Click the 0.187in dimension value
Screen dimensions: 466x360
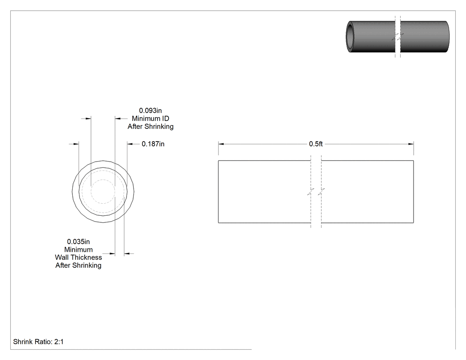pos(153,144)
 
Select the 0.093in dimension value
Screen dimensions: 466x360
pos(150,111)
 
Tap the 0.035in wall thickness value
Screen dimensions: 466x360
pos(79,241)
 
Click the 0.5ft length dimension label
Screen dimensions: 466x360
pos(316,144)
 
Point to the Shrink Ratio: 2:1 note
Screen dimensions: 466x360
pos(38,341)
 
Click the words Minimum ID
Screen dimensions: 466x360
pos(150,119)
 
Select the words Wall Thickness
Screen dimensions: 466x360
pos(79,257)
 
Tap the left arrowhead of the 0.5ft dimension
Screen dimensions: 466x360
pos(221,144)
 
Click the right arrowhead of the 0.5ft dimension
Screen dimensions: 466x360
pos(411,144)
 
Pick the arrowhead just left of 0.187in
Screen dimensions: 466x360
pos(130,144)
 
